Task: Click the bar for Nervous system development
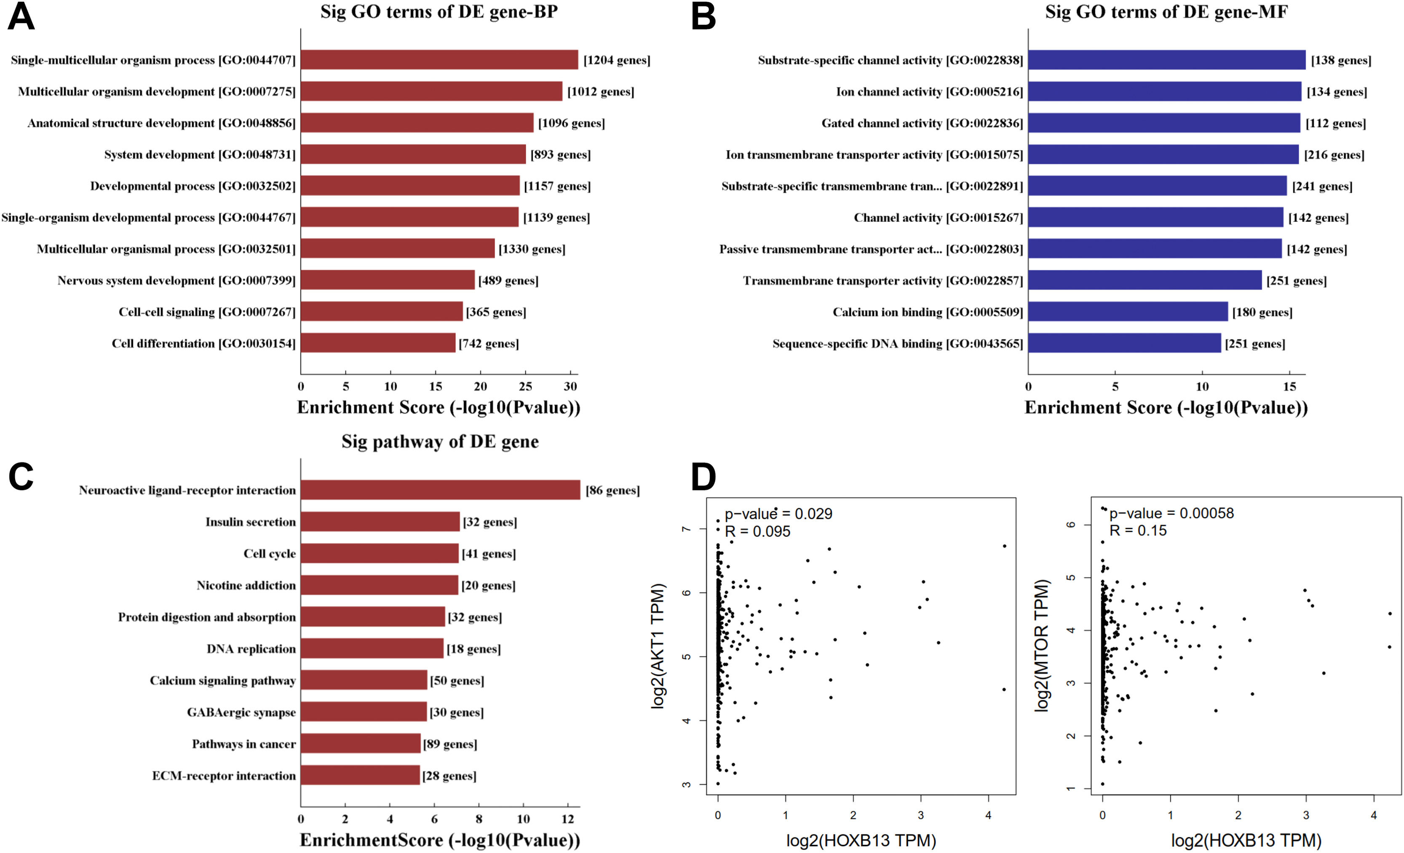coord(388,280)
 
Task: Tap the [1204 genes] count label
coord(617,60)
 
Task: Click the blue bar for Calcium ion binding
coord(1128,312)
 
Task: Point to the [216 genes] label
coord(1334,155)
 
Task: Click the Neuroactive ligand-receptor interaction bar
coord(440,490)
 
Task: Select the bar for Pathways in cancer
coord(360,743)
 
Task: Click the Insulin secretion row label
coord(250,522)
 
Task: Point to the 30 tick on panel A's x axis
coord(570,387)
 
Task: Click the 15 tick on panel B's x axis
coord(1289,387)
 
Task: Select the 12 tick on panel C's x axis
coord(567,819)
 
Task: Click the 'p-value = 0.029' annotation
coord(778,514)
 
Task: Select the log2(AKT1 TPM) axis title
coord(658,646)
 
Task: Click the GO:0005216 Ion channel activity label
coord(929,92)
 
